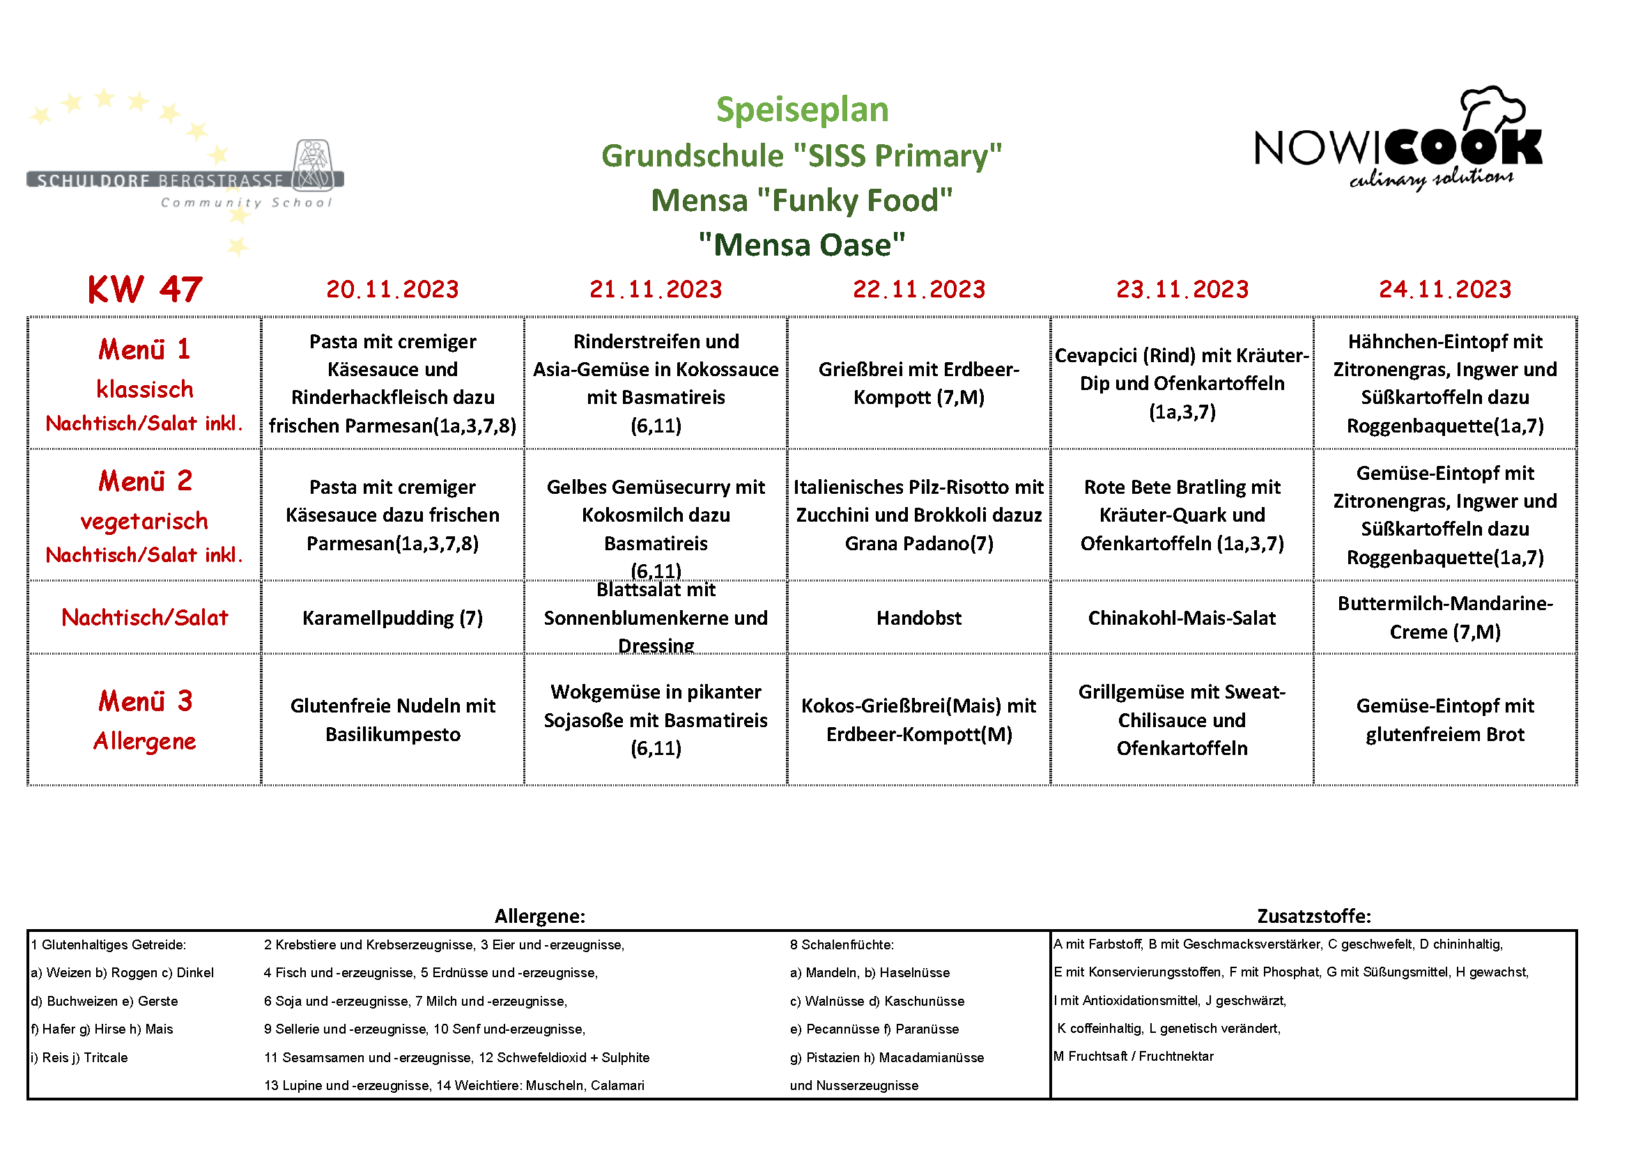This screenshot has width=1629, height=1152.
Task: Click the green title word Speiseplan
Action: coord(802,110)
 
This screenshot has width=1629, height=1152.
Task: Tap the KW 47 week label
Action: coord(145,290)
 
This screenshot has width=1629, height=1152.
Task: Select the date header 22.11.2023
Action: coord(919,290)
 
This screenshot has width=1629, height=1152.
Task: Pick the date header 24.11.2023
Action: coord(1444,290)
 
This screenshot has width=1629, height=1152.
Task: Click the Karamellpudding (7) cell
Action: coord(392,618)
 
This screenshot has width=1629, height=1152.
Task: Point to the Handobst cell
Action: coord(919,618)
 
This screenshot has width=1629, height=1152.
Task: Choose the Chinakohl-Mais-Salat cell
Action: coord(1181,618)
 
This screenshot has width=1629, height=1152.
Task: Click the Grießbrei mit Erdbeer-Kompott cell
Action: coord(919,383)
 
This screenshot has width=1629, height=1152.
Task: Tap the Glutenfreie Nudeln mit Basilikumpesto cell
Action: coord(392,719)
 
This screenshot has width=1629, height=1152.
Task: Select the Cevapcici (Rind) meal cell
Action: coord(1181,383)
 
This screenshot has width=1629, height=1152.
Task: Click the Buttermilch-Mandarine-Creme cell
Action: coord(1444,617)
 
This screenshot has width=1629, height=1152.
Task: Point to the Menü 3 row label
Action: coord(145,701)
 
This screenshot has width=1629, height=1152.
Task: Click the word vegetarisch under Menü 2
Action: coord(145,522)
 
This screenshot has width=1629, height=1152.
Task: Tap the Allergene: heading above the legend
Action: coord(540,916)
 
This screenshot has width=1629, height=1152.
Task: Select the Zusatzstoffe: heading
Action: coord(1313,916)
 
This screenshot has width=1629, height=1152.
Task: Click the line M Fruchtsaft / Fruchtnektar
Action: coord(1133,1057)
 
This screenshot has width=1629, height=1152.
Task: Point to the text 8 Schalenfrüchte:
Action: coord(842,945)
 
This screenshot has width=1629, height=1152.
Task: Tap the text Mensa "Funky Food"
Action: coord(802,201)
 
